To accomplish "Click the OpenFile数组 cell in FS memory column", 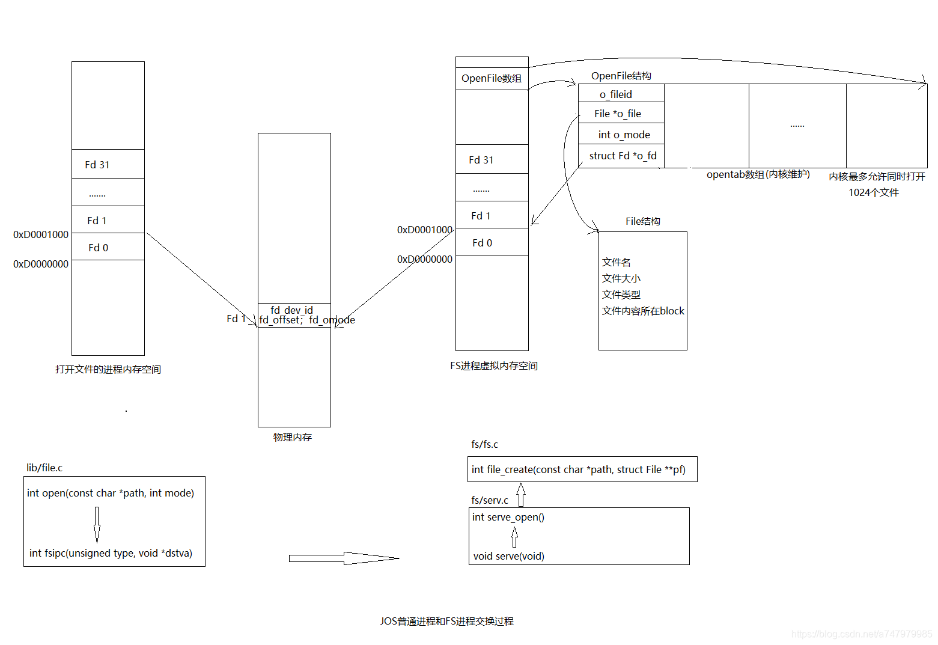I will coord(492,79).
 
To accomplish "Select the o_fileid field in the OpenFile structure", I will coord(616,94).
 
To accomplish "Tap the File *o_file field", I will coord(618,114).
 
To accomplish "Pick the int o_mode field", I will coord(624,135).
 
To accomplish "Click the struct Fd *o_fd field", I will coord(623,156).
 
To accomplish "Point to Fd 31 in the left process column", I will coord(97,165).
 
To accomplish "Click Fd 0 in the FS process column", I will coord(482,243).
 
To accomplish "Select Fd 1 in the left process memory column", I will coord(97,221).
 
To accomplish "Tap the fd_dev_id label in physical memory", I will coord(291,310).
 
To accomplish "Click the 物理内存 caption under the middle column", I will coord(293,437).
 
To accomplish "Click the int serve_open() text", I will coord(508,517).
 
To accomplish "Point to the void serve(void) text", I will coord(508,556).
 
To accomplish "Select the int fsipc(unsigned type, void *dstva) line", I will coord(111,553).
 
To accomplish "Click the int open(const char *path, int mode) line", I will coord(111,493).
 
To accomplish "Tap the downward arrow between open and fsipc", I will coord(97,524).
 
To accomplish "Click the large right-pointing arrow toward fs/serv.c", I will coord(344,558).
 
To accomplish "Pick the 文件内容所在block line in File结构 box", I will coord(643,311).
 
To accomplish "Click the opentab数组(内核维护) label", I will coord(758,174).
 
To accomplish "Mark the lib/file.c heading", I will coord(44,468).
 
